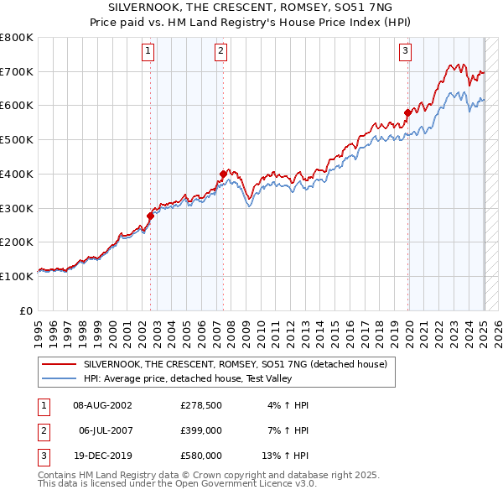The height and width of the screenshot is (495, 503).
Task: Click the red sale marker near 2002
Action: pos(150,216)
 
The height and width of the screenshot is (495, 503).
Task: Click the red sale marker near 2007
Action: pos(223,175)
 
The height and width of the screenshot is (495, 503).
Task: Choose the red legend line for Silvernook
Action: pos(59,365)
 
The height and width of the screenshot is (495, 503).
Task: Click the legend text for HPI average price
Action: pos(185,379)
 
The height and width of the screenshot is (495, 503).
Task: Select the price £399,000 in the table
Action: pos(201,430)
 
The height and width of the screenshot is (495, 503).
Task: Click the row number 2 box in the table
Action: pos(43,430)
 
